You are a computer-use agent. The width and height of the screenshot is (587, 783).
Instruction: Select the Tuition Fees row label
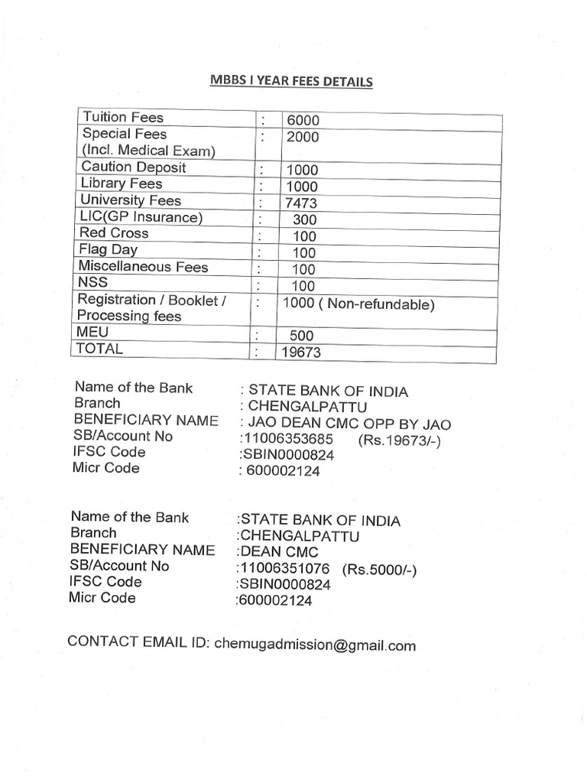123,118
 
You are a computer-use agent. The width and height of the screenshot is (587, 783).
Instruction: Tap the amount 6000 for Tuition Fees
303,121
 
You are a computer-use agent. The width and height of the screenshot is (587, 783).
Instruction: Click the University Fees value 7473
301,203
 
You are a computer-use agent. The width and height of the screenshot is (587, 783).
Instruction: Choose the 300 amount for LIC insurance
304,220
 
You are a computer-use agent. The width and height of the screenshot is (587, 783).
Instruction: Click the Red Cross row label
115,233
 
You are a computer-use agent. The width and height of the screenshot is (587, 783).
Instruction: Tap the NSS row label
94,283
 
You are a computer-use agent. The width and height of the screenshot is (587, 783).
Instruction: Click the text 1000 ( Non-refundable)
358,304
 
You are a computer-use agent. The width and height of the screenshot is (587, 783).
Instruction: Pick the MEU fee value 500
302,336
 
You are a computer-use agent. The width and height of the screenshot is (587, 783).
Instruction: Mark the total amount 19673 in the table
302,353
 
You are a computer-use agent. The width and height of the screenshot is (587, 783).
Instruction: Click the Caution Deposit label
134,167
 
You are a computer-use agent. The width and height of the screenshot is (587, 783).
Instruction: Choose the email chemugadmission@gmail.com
315,645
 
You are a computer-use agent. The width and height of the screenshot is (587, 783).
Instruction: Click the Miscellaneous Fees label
144,267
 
